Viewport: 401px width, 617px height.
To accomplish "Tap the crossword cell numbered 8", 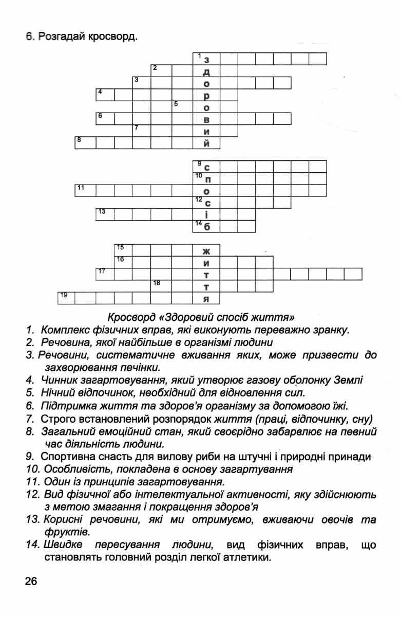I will [x=84, y=142].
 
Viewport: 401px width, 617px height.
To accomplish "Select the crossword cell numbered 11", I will [x=84, y=190].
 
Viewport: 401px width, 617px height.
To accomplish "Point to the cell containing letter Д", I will [x=206, y=71].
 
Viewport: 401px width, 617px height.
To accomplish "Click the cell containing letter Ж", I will [x=206, y=250].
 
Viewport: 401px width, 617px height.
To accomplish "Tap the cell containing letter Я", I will [x=206, y=298].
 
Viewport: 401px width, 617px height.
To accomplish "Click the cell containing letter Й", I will [x=206, y=142].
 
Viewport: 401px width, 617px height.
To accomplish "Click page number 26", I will [x=30, y=581].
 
